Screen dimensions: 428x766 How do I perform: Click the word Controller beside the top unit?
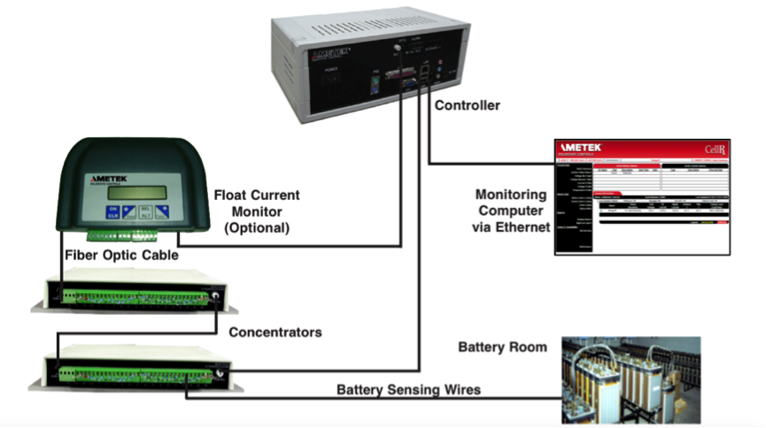click(467, 105)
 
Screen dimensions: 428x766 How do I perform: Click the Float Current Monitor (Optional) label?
click(257, 210)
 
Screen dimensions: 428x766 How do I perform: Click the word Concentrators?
click(275, 332)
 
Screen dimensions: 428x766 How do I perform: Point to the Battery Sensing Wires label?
click(410, 389)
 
